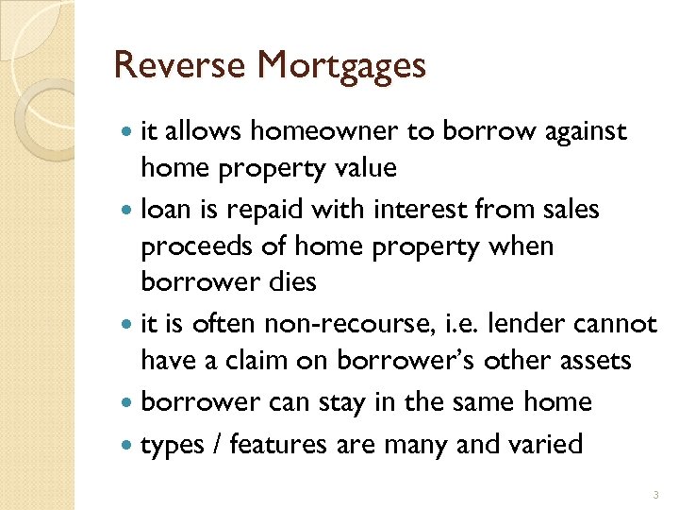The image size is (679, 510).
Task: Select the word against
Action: pyautogui.click(x=586, y=131)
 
